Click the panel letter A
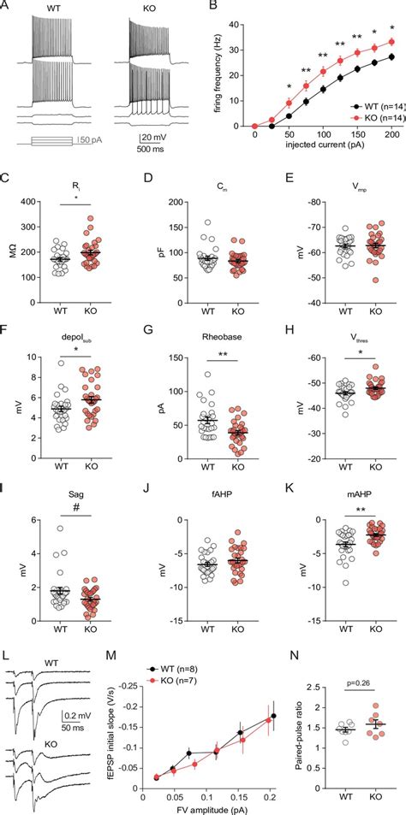point(6,7)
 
